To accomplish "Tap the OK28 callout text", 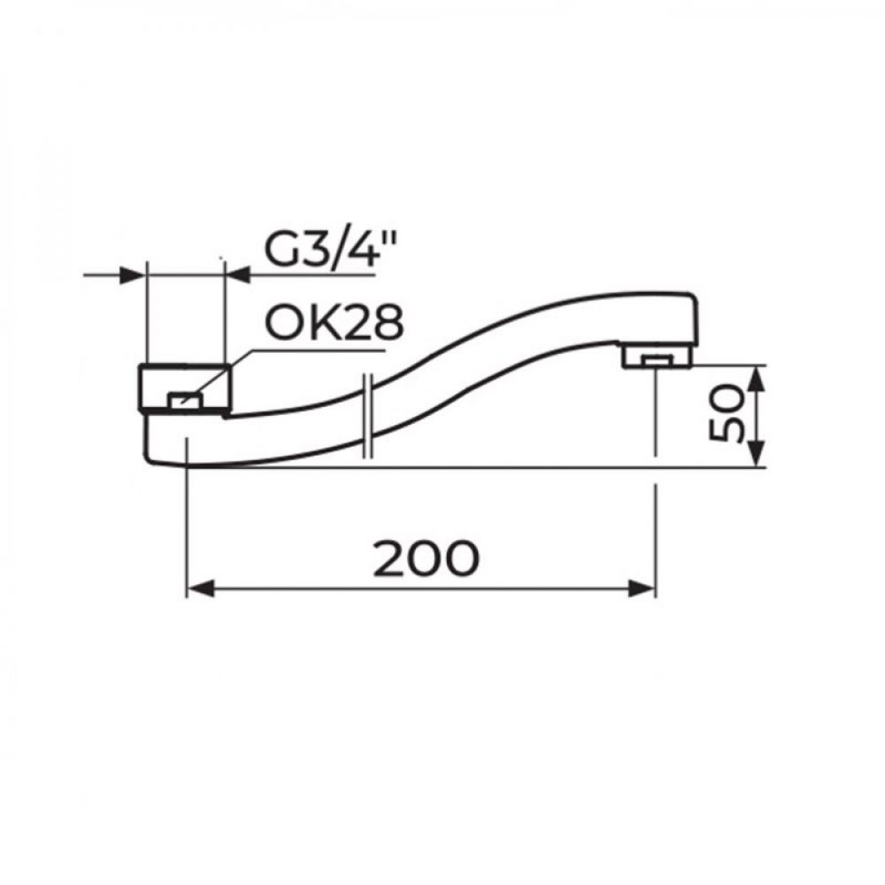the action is pos(335,323).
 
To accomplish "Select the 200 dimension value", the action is pos(427,558).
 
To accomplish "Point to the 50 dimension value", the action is pos(727,412).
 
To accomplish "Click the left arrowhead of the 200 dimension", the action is pos(200,589).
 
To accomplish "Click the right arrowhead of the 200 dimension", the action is pos(643,589).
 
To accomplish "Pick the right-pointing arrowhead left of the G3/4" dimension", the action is pos(133,275).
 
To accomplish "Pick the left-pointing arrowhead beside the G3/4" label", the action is pos(238,275).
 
